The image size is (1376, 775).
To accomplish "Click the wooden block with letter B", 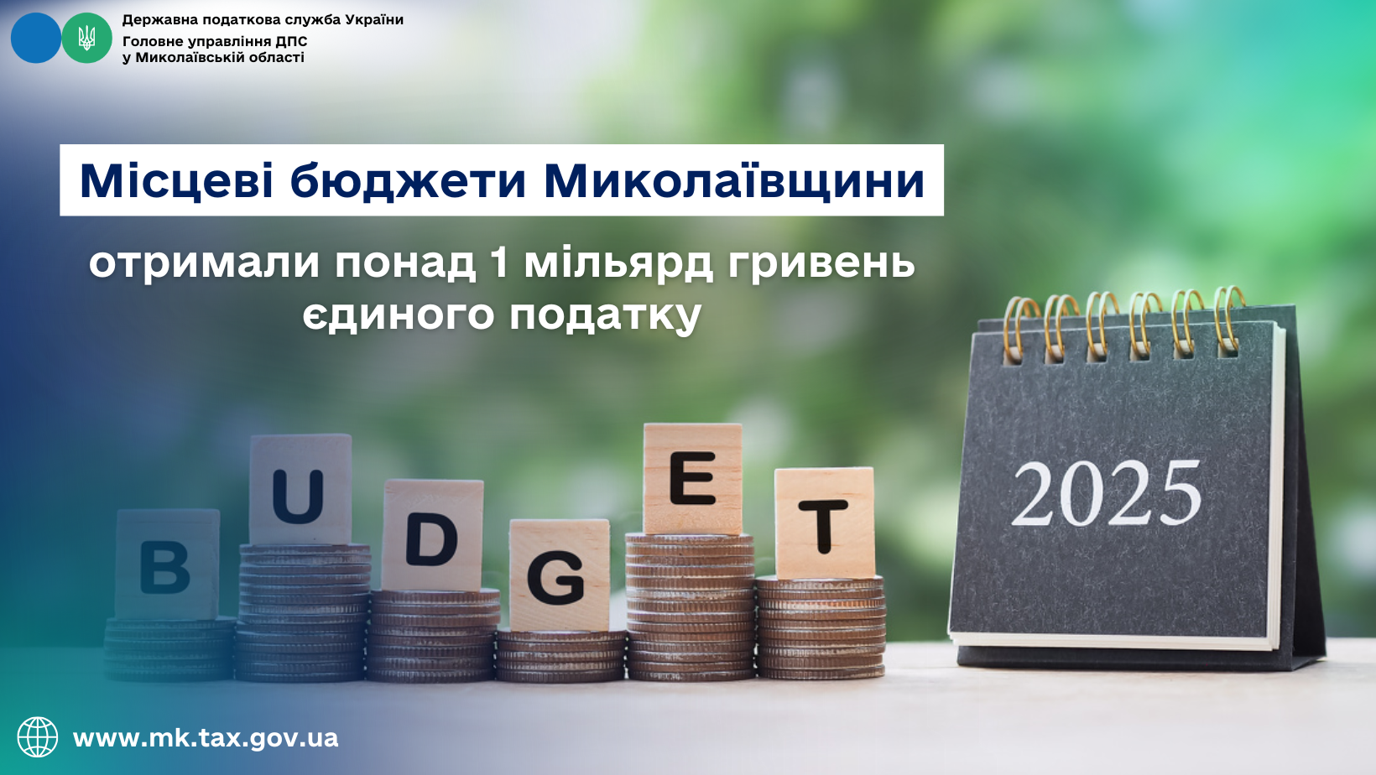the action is click(167, 564).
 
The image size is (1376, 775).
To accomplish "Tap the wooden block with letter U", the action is click(300, 489).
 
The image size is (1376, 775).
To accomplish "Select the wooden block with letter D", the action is click(432, 534).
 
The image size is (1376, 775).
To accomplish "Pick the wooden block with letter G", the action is click(559, 575).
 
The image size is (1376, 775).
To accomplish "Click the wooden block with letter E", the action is click(692, 478).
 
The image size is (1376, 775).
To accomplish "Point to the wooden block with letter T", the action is click(825, 523).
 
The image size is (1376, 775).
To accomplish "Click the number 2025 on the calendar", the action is click(1107, 495).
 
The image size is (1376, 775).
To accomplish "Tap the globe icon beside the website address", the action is click(38, 737).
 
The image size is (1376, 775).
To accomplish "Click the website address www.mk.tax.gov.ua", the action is click(206, 738).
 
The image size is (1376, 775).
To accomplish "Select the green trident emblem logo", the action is click(86, 38).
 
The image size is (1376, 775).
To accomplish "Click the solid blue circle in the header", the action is click(35, 38).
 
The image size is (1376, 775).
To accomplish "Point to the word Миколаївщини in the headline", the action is click(734, 181).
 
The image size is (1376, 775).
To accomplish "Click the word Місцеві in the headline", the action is click(176, 181).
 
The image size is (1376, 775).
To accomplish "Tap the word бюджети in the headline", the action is click(409, 181).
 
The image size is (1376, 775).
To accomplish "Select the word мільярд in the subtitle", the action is click(618, 263).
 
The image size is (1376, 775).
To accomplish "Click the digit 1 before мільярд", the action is click(498, 262).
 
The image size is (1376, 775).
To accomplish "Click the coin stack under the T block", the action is click(821, 627).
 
